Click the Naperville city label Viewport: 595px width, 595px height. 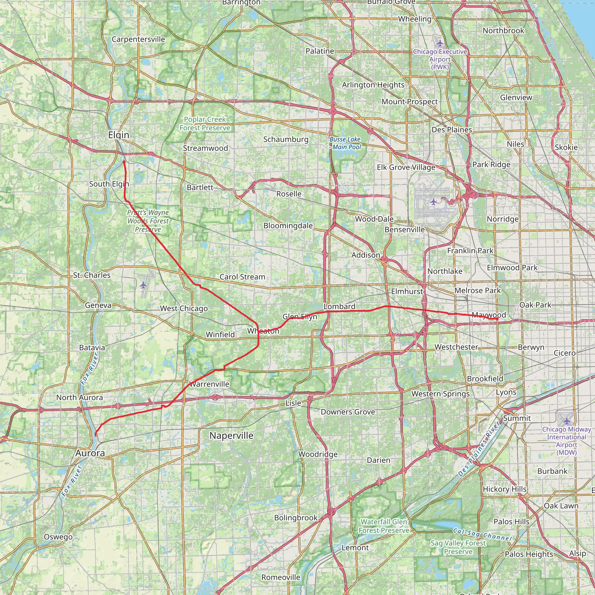pos(231,436)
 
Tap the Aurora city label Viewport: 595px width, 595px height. pos(90,453)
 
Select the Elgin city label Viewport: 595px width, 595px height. pos(119,135)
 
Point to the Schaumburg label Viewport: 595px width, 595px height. pos(286,139)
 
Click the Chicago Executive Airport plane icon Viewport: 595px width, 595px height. pos(440,43)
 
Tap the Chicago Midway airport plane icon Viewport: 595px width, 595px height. pos(567,421)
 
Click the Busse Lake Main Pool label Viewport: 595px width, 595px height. pos(345,143)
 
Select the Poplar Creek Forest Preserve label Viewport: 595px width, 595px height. pos(205,123)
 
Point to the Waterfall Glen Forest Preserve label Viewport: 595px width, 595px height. pos(384,526)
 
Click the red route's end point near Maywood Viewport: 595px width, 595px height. pos(497,319)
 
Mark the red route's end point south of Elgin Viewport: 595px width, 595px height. pos(124,161)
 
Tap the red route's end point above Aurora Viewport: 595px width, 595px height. pos(96,435)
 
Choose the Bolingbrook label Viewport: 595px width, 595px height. pos(296,518)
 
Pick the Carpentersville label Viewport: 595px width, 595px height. pos(138,39)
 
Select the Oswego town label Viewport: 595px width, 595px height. pos(58,537)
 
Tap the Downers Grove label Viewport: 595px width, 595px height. pos(348,412)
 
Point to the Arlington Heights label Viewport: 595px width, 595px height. pos(373,85)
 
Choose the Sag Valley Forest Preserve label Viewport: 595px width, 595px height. pos(458,547)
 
